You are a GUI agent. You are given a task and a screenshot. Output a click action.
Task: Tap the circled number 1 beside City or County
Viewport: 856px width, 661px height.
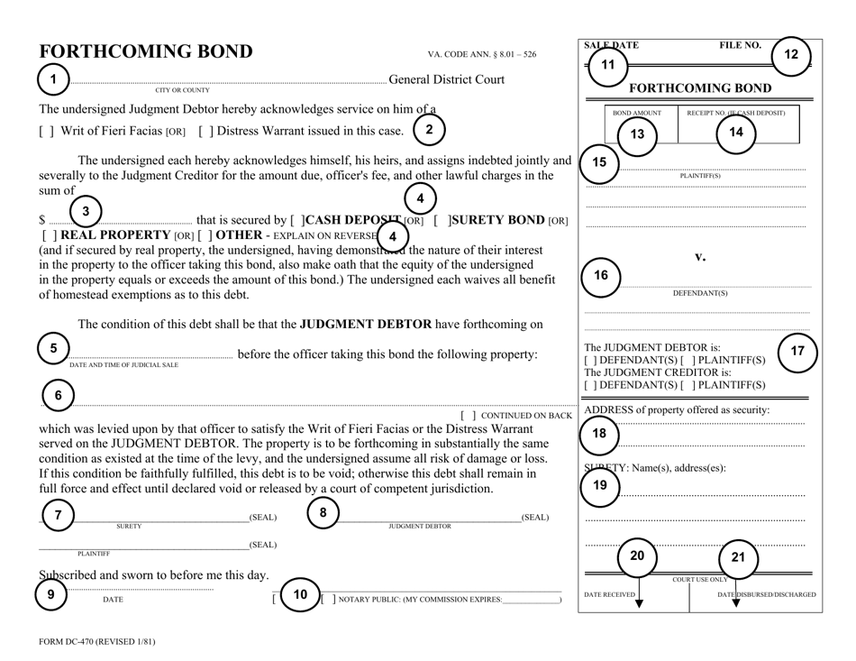point(53,78)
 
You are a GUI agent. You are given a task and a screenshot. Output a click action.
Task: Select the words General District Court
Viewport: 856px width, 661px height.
point(446,79)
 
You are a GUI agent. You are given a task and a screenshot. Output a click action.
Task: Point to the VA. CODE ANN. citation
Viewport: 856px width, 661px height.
point(481,54)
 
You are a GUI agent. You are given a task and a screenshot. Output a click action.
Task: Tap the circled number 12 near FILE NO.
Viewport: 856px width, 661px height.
point(790,55)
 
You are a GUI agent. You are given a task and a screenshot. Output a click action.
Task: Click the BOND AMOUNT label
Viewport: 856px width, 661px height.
point(637,113)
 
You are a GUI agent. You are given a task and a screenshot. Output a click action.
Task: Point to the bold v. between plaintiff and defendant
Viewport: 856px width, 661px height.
point(698,257)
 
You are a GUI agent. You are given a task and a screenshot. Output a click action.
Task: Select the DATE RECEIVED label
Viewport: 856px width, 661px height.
point(611,594)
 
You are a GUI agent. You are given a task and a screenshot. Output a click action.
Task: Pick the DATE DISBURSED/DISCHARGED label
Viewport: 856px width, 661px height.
point(766,594)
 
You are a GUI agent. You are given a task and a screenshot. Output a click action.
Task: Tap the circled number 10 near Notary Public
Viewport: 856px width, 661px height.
point(299,594)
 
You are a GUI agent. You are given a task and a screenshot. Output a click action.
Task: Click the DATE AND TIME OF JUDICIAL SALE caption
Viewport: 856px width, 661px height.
point(123,364)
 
